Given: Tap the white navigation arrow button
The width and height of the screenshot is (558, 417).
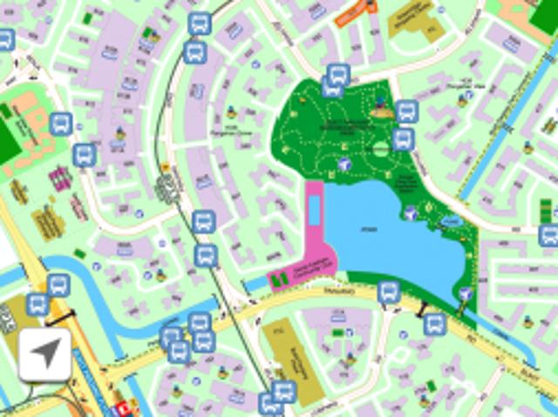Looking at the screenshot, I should click(x=44, y=354).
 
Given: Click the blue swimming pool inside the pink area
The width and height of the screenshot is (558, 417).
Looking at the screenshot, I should click(x=313, y=208).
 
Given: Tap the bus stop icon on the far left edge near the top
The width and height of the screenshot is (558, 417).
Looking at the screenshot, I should click(x=5, y=38).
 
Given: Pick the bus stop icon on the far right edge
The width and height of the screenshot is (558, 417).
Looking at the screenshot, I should click(x=548, y=235).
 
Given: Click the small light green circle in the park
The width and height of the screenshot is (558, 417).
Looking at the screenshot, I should click(x=380, y=149).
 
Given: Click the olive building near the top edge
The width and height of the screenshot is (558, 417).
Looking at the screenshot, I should click(x=409, y=17).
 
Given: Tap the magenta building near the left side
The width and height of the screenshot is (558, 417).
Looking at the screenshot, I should click(x=59, y=179).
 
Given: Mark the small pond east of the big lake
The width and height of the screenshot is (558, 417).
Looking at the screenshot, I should click(x=451, y=222).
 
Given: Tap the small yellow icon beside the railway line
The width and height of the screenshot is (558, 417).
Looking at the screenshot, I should click(x=165, y=167).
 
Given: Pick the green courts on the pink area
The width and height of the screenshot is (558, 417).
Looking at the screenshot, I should click(x=280, y=280).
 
